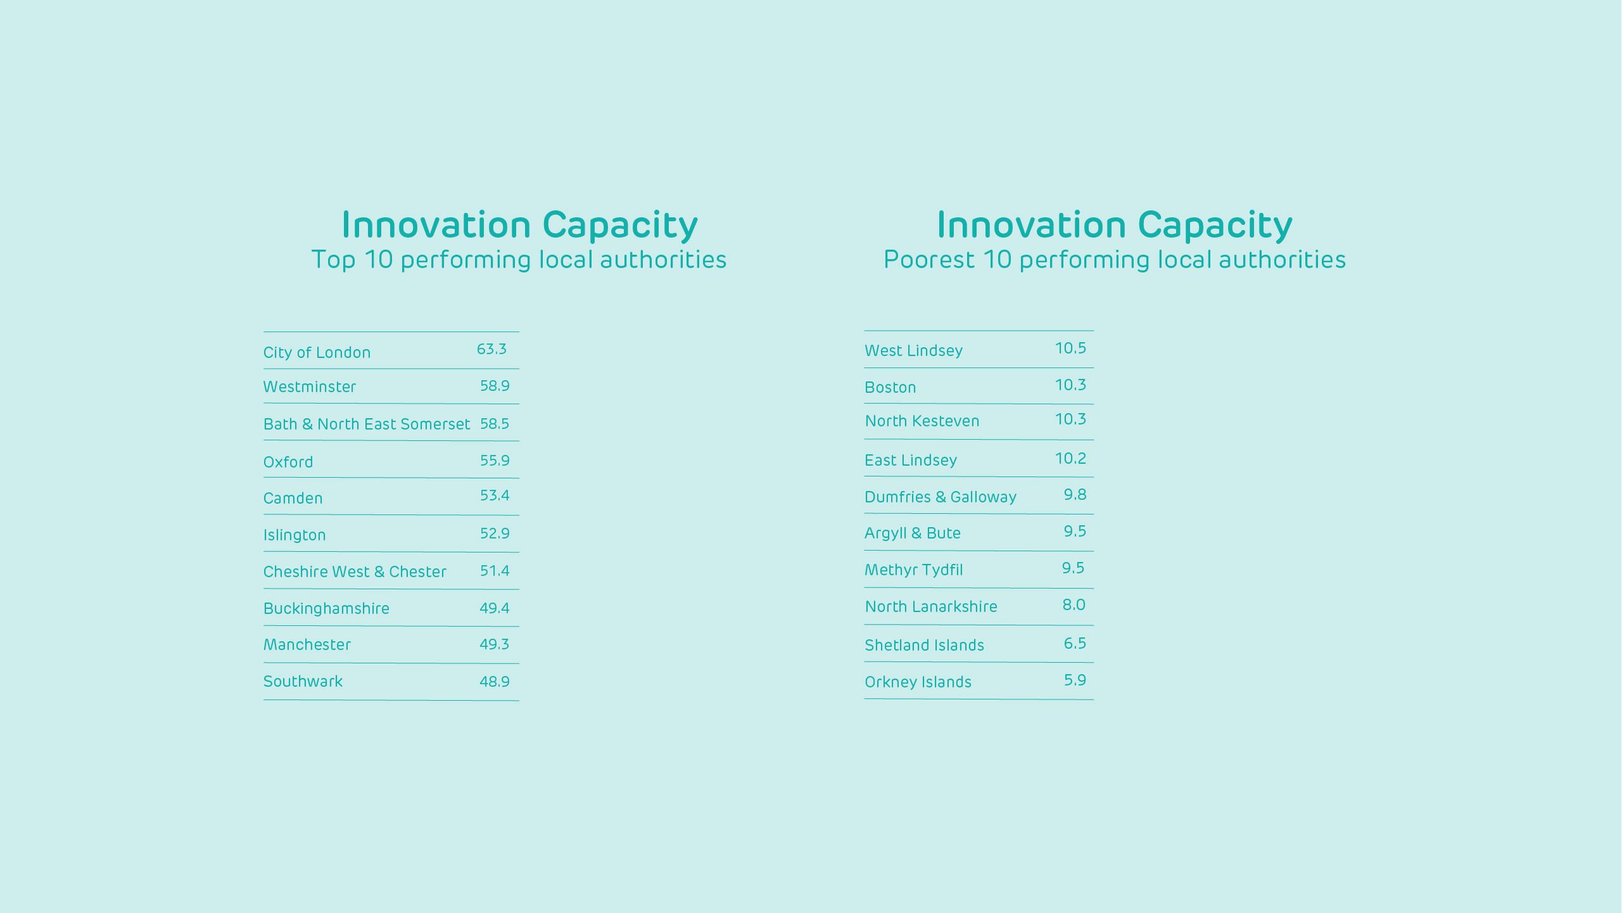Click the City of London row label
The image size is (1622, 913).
(x=317, y=352)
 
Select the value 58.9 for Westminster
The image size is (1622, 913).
(x=494, y=386)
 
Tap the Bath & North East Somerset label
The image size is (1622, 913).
(x=366, y=424)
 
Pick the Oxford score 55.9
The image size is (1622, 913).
(x=494, y=461)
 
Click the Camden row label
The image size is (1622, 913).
(x=293, y=498)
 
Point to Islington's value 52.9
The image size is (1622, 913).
(x=494, y=533)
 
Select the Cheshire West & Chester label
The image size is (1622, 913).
(x=355, y=571)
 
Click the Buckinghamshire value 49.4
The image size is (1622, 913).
(x=494, y=608)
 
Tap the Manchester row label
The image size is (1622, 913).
(x=307, y=644)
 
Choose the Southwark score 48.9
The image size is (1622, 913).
(x=494, y=682)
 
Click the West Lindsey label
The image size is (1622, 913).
(x=913, y=350)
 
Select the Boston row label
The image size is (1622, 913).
(x=890, y=387)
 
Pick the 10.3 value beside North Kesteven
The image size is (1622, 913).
(x=1070, y=419)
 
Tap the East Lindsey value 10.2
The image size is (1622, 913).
(x=1070, y=459)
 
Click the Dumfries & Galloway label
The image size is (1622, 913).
(x=940, y=497)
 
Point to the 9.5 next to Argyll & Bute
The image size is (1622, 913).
(x=1074, y=532)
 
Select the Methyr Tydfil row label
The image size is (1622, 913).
(x=913, y=570)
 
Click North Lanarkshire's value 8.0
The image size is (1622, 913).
(x=1074, y=605)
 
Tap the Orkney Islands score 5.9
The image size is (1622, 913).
(x=1074, y=680)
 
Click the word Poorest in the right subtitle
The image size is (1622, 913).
(x=928, y=260)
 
